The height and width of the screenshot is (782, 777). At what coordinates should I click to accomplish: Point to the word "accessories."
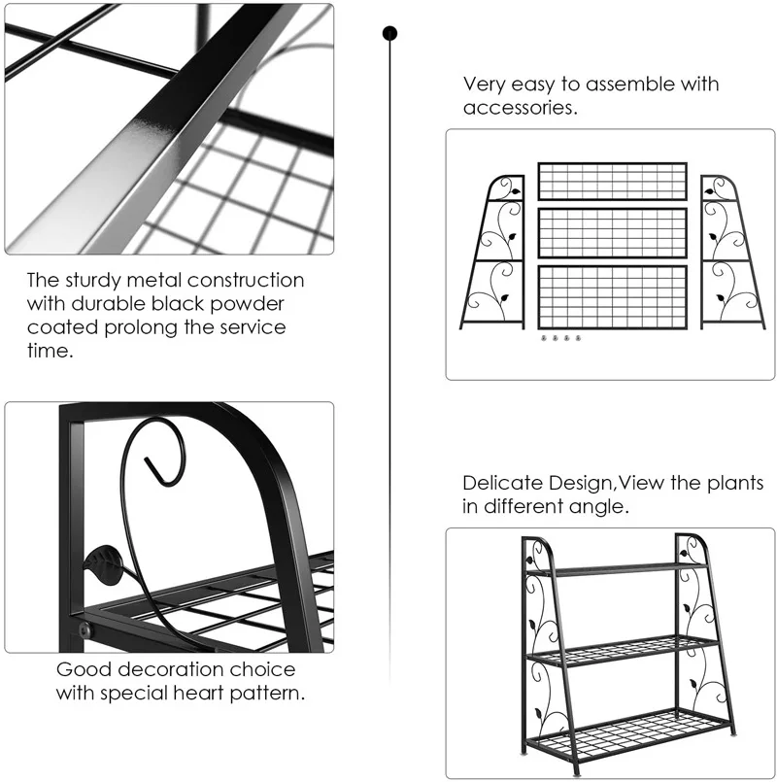coord(521,108)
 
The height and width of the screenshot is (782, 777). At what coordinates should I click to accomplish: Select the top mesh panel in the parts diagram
coord(612,181)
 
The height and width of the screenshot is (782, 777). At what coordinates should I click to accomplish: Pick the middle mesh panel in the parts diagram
coord(612,232)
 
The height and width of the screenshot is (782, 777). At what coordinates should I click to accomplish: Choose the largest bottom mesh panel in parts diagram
coord(612,296)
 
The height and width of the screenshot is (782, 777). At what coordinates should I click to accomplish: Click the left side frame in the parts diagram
coord(495,253)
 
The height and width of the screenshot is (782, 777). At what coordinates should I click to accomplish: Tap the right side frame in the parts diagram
coord(729,253)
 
